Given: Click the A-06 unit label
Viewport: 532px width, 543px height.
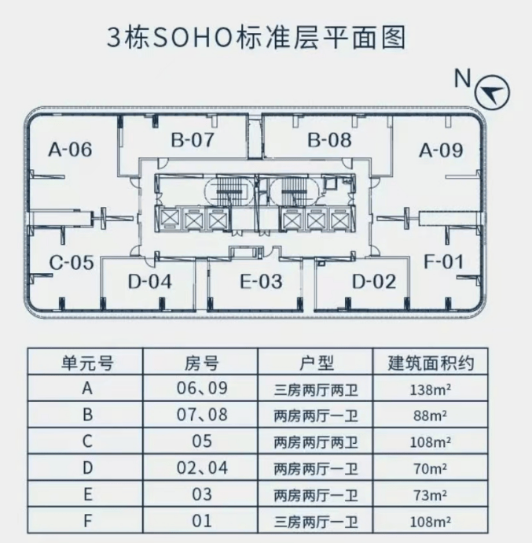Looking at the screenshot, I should point(70,149).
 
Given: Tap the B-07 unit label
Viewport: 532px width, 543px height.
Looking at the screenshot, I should point(193,141).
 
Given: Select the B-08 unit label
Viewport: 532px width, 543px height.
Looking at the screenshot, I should point(329,141).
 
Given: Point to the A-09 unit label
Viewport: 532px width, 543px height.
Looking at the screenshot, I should point(441,150).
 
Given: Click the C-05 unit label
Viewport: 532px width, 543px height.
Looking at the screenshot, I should point(72,263).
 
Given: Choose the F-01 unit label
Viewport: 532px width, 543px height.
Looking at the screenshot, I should point(444,261).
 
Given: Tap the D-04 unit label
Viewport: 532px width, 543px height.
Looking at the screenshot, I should point(149,280).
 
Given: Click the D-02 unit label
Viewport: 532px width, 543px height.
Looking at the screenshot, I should point(374,280).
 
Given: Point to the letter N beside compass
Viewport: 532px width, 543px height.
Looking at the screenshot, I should point(463,79).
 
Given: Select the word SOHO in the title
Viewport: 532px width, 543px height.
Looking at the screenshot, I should point(180,38).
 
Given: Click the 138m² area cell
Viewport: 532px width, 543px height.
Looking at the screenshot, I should point(429,389).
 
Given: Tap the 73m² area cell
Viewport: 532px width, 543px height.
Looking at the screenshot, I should point(429,496).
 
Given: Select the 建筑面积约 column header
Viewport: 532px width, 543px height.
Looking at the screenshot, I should point(431,363).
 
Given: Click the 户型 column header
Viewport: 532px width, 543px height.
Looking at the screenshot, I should point(317,363).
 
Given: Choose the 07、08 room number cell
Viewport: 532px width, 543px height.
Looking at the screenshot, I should point(202,415).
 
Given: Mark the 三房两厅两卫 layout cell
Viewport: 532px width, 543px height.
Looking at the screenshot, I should point(317,389).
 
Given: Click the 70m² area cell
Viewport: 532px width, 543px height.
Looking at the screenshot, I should point(429,470).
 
